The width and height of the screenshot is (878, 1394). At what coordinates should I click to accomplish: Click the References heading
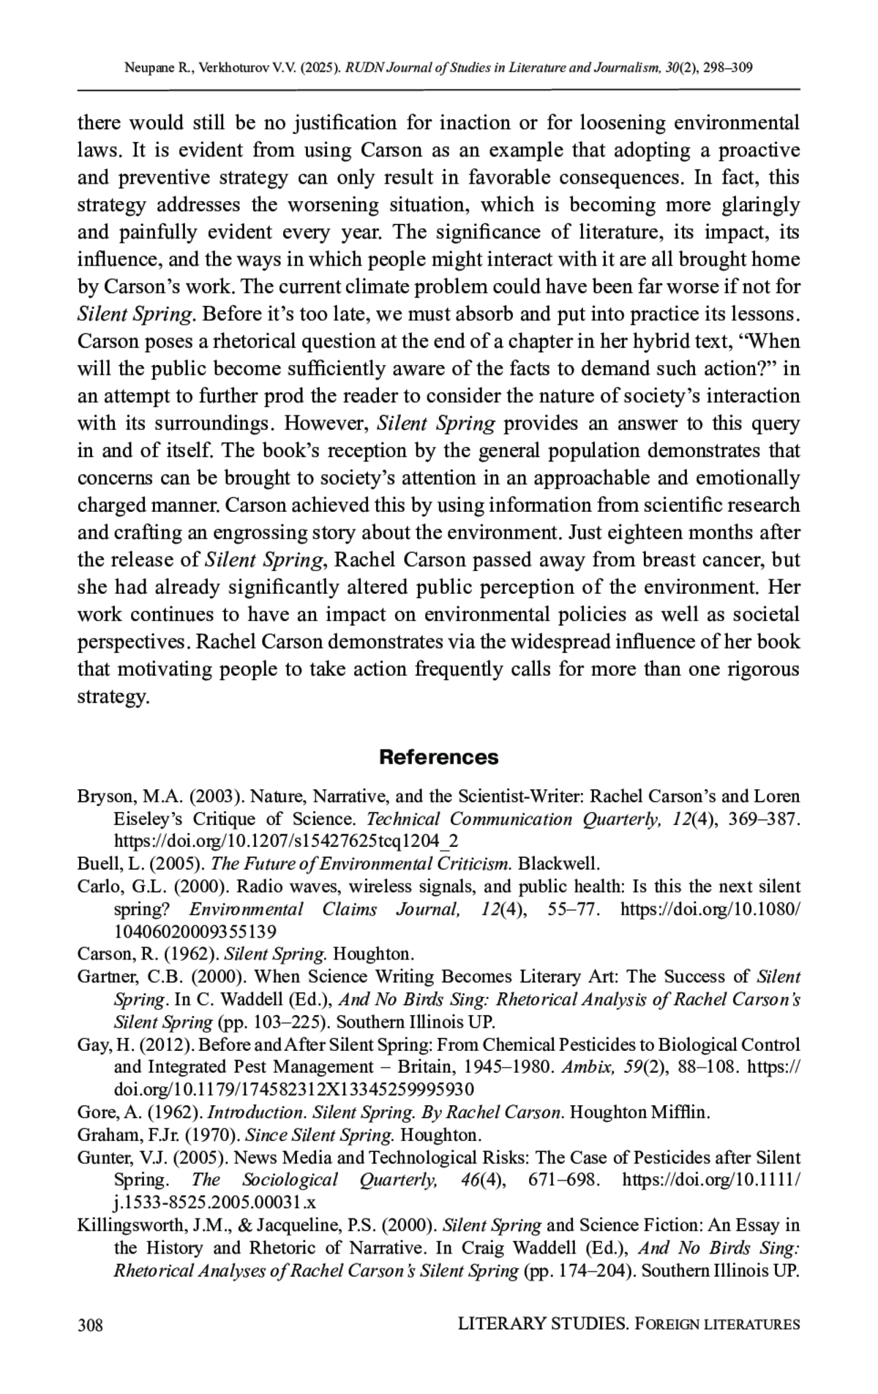(438, 757)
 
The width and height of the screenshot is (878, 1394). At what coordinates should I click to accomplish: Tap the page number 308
(90, 1325)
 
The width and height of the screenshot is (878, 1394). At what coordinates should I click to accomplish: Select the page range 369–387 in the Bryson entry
(762, 819)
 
